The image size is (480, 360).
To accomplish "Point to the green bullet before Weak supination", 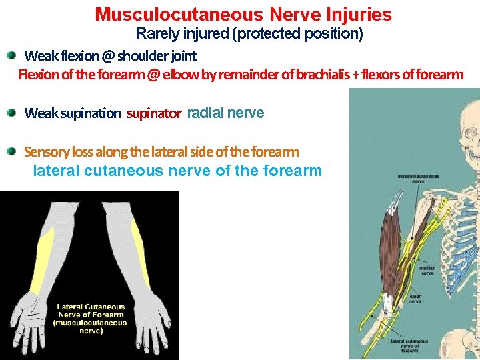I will coord(12,113).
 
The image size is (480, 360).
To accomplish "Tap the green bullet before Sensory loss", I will coord(12,151).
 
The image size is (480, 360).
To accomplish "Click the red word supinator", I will coord(154,113).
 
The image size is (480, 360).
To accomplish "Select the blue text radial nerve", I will coord(226,113).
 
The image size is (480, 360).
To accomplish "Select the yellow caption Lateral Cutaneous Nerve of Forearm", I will coord(91,319).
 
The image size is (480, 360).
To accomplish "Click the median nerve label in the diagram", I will coord(427,271).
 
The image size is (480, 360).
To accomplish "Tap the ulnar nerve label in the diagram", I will coord(415,298).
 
